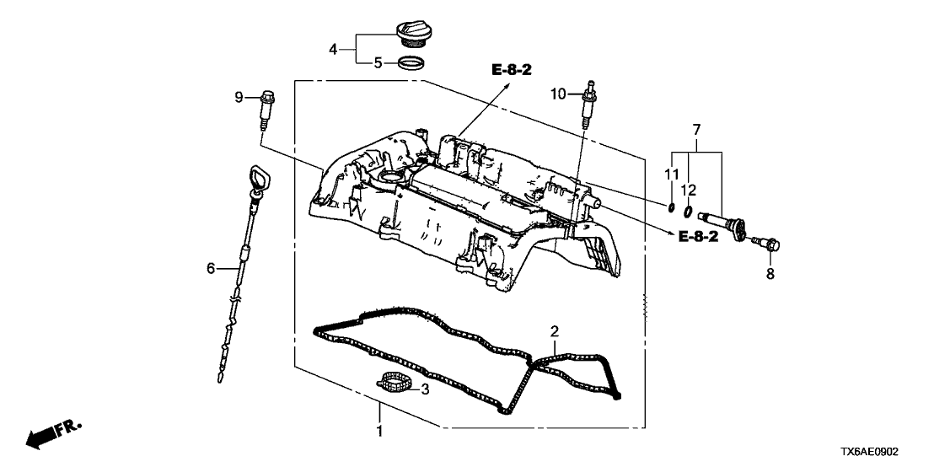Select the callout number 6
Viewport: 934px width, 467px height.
click(x=212, y=269)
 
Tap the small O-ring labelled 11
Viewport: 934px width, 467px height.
click(x=669, y=209)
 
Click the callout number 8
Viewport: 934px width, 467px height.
click(x=770, y=274)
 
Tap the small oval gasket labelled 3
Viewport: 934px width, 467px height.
click(x=395, y=384)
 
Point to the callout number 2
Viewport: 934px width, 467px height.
click(x=554, y=330)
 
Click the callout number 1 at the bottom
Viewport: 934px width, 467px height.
click(x=379, y=432)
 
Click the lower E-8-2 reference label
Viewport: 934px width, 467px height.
click(x=699, y=237)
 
